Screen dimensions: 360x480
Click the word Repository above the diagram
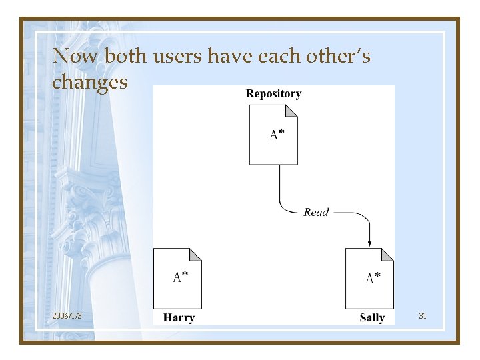pyautogui.click(x=273, y=94)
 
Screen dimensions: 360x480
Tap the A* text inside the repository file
pyautogui.click(x=277, y=135)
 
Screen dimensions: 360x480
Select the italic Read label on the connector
pyautogui.click(x=316, y=212)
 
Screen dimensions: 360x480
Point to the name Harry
pyautogui.click(x=178, y=318)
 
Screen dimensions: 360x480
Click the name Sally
pyautogui.click(x=372, y=318)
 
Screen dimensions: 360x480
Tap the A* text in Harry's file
pyautogui.click(x=180, y=277)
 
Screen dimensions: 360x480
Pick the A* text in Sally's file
pyautogui.click(x=373, y=277)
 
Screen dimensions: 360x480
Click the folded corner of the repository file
pyautogui.click(x=291, y=111)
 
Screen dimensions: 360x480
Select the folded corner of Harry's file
pyautogui.click(x=195, y=255)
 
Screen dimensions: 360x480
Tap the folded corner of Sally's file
pyautogui.click(x=387, y=255)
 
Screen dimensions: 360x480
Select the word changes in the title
pyautogui.click(x=90, y=82)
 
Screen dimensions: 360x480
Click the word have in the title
pyautogui.click(x=229, y=57)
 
